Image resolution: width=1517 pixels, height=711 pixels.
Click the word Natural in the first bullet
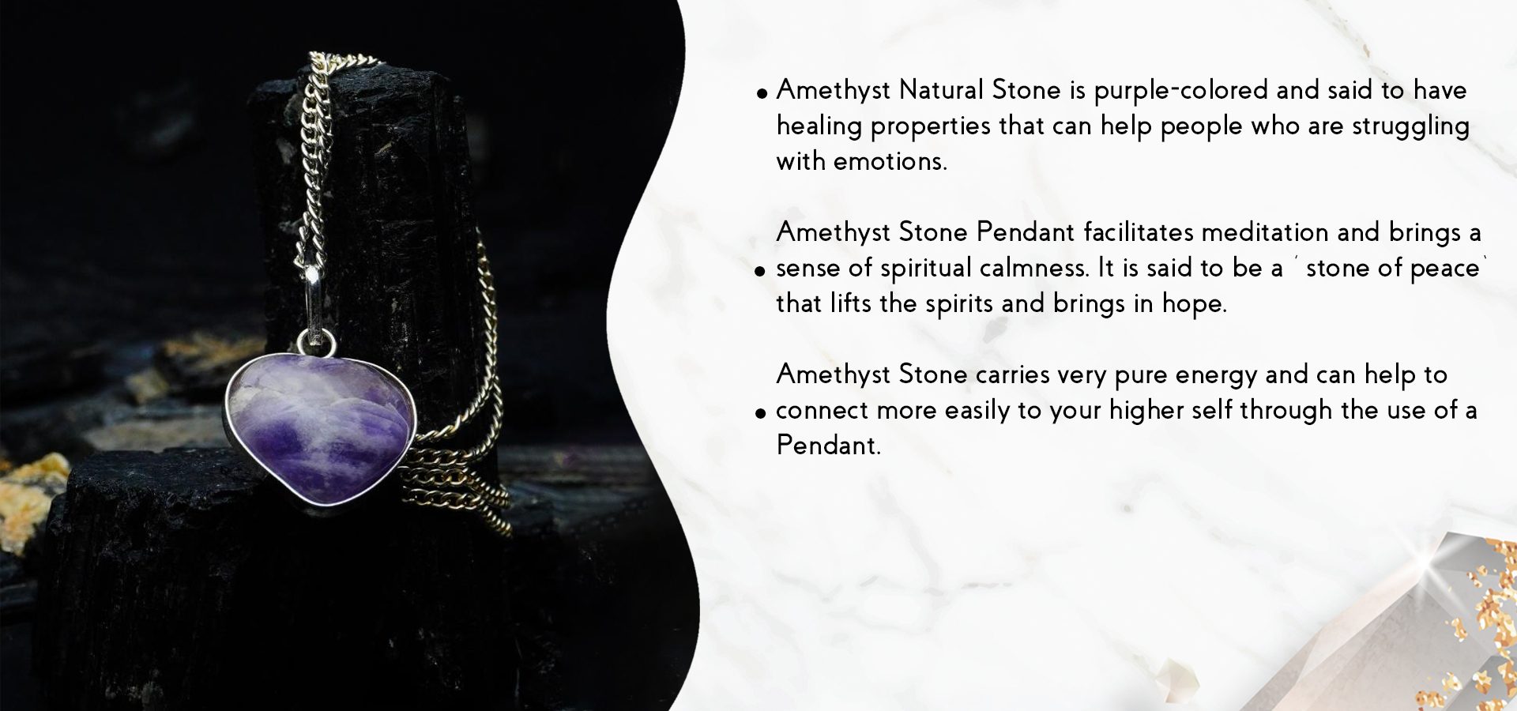[942, 89]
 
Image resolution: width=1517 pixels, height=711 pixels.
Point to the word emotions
[890, 161]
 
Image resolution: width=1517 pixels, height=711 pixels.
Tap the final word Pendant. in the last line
[828, 445]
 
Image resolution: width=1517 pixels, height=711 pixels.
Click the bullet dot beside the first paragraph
[762, 93]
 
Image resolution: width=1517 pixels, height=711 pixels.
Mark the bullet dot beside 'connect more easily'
[760, 412]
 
